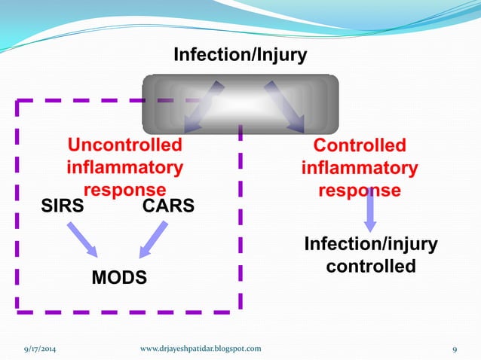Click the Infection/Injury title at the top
tap(240, 56)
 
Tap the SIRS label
tap(62, 206)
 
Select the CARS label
tap(168, 206)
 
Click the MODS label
tap(119, 278)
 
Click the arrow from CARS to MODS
tap(153, 239)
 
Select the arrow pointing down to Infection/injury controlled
tap(369, 211)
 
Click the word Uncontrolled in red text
tap(125, 145)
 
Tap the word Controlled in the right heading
tap(360, 145)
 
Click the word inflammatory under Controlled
tap(360, 167)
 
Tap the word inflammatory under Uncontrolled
tap(125, 166)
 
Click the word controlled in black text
tap(370, 266)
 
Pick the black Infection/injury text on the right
tap(370, 245)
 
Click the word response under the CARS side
tap(125, 189)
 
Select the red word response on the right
tap(360, 189)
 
